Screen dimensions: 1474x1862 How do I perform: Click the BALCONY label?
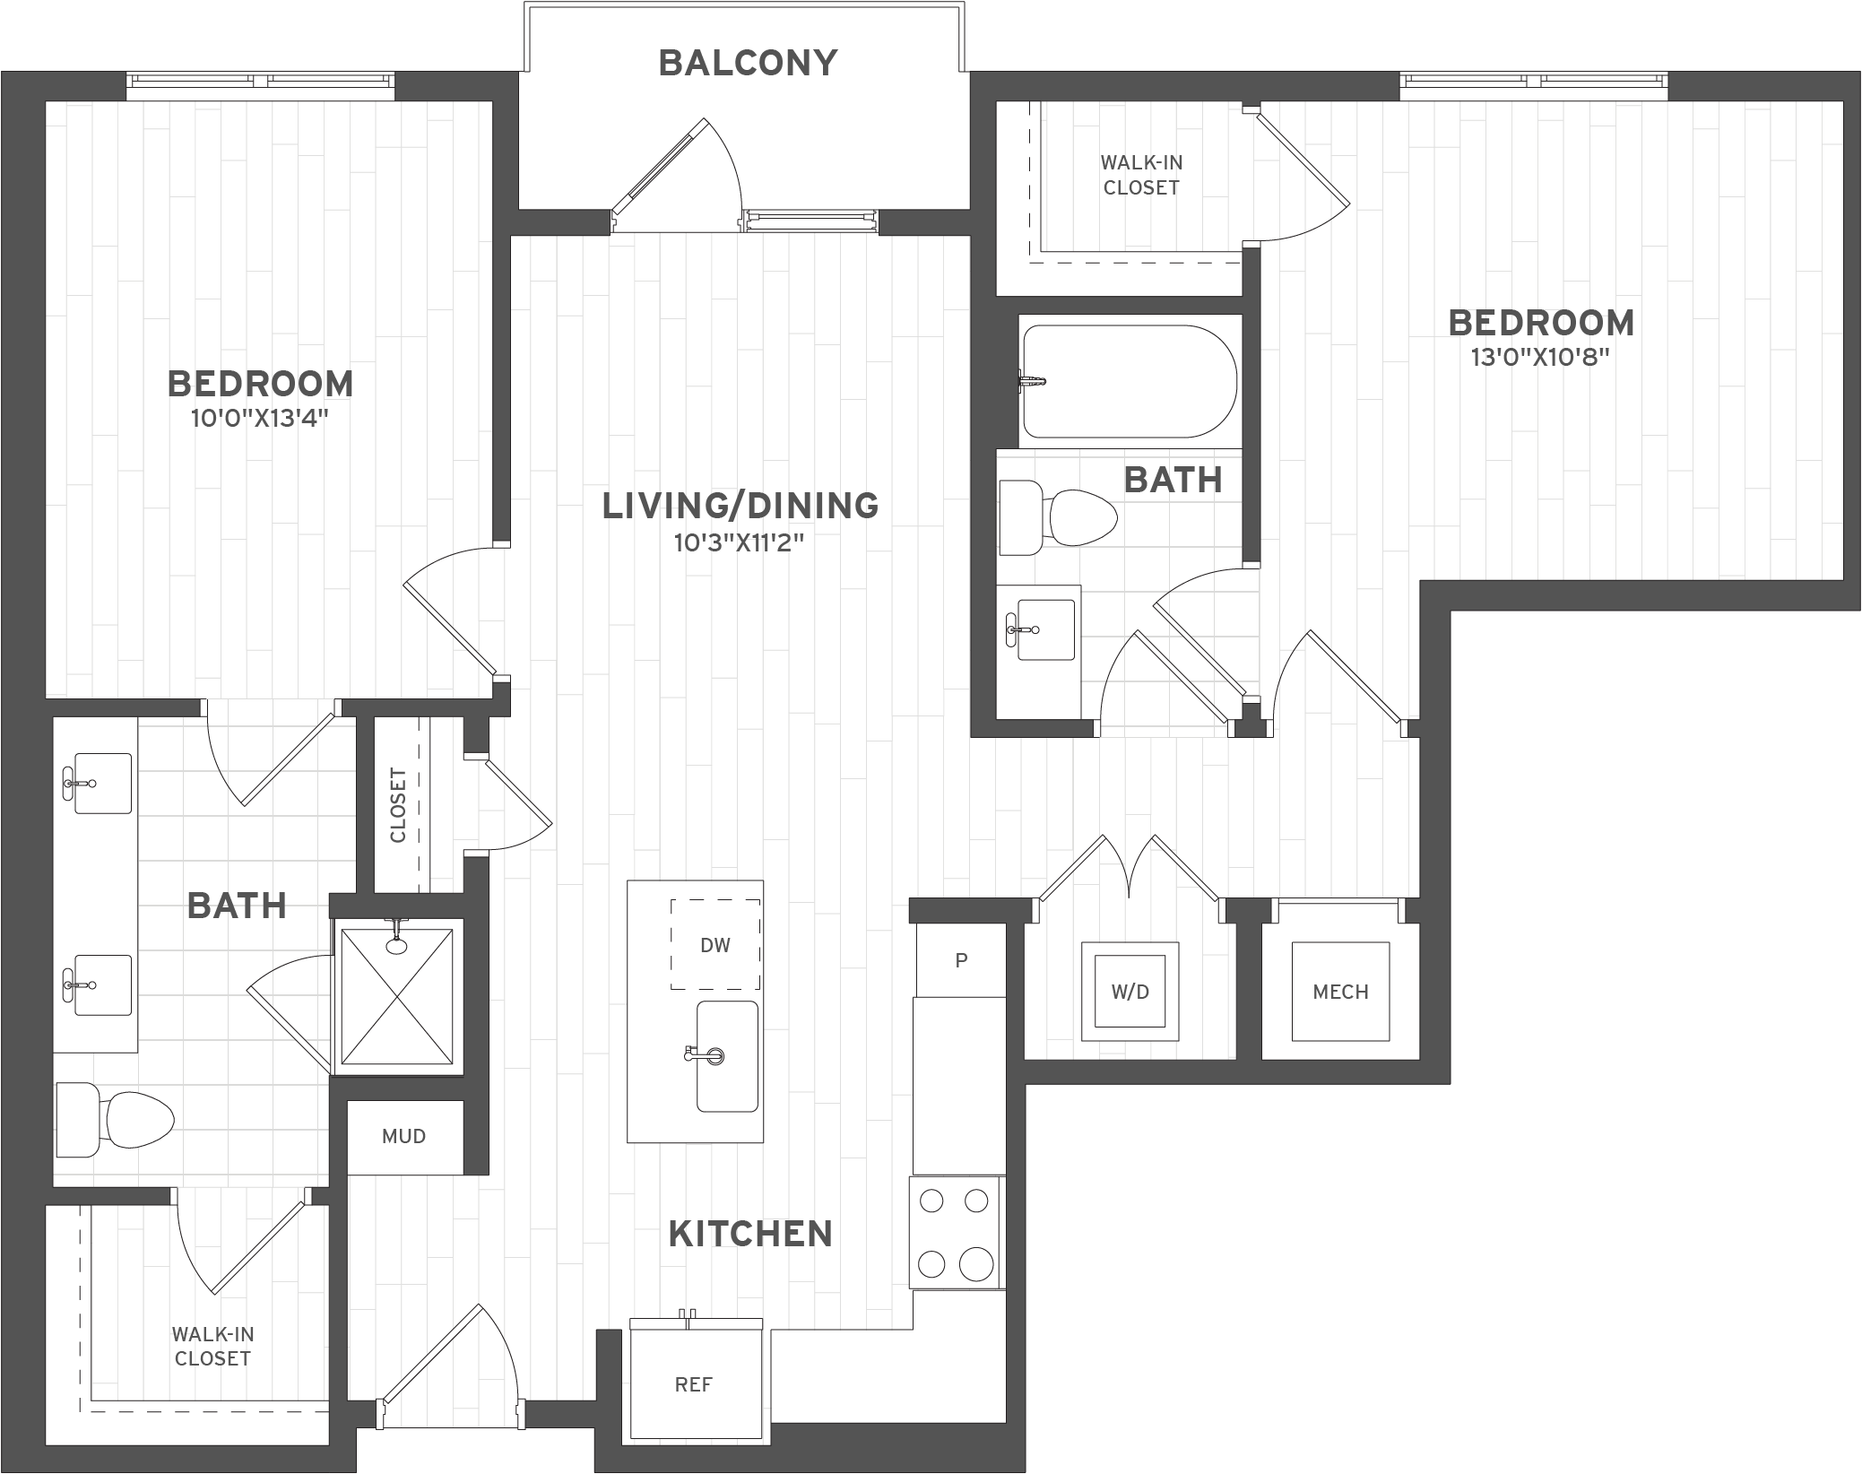click(x=748, y=64)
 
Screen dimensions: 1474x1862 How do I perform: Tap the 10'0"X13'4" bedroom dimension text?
click(x=260, y=419)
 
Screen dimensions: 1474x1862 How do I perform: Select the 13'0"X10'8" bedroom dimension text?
click(x=1540, y=358)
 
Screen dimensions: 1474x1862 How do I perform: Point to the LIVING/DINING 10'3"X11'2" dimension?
click(x=740, y=542)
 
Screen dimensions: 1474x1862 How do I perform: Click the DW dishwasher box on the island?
click(x=715, y=945)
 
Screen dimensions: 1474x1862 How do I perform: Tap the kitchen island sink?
click(x=727, y=1056)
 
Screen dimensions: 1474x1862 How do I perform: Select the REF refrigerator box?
click(x=694, y=1384)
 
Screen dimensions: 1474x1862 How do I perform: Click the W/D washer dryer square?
click(x=1130, y=992)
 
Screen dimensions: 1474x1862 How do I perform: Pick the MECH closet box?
click(x=1340, y=992)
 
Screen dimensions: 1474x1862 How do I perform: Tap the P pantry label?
click(x=961, y=961)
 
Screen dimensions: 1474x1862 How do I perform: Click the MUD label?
click(x=403, y=1137)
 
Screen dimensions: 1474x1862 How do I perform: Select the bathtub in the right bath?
click(x=1130, y=381)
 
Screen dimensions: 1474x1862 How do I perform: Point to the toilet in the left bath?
click(x=117, y=1119)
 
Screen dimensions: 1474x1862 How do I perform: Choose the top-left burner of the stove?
click(x=931, y=1201)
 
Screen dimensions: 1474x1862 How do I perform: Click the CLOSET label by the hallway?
click(x=398, y=805)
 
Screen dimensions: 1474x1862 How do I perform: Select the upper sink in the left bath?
click(x=102, y=784)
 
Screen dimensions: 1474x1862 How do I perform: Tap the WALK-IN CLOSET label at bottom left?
click(x=212, y=1346)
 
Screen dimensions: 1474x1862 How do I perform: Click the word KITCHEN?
click(x=750, y=1235)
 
